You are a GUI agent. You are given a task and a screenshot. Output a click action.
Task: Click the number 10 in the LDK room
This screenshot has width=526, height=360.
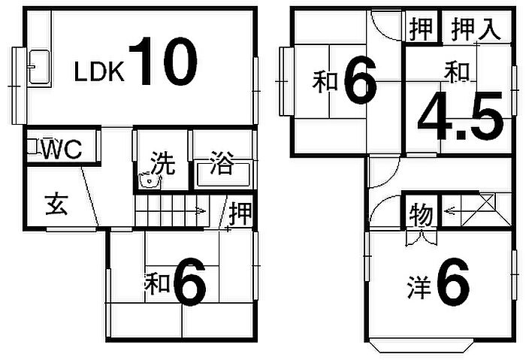pos(163,61)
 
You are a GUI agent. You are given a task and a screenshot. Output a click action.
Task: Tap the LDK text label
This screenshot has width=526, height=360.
pos(99,71)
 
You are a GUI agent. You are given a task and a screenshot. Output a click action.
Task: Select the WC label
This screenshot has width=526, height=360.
pos(62,150)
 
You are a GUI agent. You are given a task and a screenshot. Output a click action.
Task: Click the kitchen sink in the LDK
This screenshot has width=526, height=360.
pos(39,66)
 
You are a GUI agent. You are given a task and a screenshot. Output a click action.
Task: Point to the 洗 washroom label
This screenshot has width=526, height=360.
pos(163,163)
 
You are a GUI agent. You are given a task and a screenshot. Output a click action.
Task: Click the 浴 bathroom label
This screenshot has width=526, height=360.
pos(222,163)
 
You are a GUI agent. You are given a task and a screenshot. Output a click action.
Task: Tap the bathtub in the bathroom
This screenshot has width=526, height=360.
pos(223,174)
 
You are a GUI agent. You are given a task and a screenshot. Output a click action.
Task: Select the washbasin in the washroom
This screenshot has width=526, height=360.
pos(150,180)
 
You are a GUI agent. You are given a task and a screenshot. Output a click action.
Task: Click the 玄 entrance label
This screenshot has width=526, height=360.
pos(57,204)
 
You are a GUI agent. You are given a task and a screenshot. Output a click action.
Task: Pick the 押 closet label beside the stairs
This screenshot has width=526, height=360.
pos(240,213)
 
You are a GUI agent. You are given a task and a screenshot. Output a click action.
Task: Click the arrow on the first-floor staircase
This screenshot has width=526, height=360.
pos(201,211)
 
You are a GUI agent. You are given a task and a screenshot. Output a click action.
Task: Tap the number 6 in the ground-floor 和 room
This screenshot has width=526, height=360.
pos(190,281)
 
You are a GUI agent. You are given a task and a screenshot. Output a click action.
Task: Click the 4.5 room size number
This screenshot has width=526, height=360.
pos(460,115)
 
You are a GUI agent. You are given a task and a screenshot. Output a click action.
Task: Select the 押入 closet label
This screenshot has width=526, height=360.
pos(476,29)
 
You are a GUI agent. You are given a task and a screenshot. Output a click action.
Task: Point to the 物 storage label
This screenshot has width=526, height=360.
pos(422,213)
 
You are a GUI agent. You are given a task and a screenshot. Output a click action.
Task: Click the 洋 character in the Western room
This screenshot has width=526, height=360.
pos(419,287)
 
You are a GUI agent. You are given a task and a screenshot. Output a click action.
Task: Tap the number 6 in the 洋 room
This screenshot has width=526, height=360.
pos(453,282)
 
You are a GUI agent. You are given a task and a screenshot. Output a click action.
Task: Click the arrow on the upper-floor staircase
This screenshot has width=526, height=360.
pos(449,211)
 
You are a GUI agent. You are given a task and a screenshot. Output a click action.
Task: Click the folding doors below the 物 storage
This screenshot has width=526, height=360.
pos(421,237)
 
